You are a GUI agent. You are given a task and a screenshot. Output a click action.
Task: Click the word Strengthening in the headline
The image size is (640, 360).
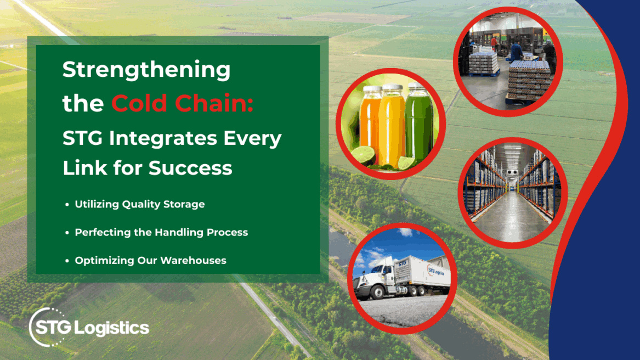(146, 71)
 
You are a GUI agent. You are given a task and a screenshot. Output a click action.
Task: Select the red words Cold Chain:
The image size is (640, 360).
(182, 104)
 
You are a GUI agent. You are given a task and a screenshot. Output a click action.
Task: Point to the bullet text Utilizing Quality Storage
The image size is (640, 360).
(140, 204)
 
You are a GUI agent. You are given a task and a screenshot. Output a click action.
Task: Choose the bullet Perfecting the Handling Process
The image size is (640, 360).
(161, 232)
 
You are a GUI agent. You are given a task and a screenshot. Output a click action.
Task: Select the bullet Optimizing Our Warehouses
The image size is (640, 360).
(150, 260)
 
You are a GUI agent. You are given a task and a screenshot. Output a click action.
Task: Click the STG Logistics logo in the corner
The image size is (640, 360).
(89, 328)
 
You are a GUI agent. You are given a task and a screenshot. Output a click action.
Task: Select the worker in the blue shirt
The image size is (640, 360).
(516, 53)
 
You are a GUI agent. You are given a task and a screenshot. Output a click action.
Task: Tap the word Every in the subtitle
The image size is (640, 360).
(253, 138)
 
